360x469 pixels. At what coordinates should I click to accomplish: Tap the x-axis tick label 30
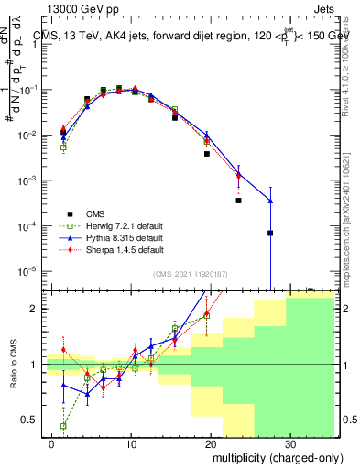(289, 444)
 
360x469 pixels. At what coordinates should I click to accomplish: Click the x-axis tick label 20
(211, 444)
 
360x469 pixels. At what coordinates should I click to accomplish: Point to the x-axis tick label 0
(53, 444)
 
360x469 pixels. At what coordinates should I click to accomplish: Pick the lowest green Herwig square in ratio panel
(63, 426)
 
